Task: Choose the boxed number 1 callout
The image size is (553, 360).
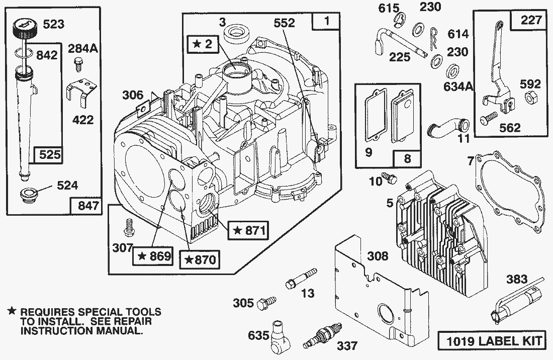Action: [x=327, y=22]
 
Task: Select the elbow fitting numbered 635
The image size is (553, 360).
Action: [x=280, y=333]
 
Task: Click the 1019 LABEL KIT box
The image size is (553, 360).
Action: [x=492, y=341]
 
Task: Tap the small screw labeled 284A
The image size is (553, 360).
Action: [x=77, y=63]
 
